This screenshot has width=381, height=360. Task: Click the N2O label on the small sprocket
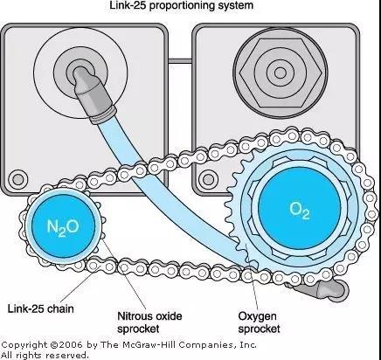click(63, 227)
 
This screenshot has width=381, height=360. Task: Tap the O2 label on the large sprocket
click(300, 210)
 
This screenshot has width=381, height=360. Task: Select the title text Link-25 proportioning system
click(181, 5)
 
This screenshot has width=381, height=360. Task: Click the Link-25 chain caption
click(40, 308)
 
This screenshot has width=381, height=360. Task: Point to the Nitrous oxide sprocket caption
click(149, 322)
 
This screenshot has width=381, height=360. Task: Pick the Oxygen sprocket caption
click(259, 322)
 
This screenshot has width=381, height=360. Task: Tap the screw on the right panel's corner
click(208, 180)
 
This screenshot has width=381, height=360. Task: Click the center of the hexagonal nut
click(281, 73)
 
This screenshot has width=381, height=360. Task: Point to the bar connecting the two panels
click(180, 61)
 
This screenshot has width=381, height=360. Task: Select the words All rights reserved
click(45, 356)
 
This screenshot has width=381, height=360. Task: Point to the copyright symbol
click(54, 345)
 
